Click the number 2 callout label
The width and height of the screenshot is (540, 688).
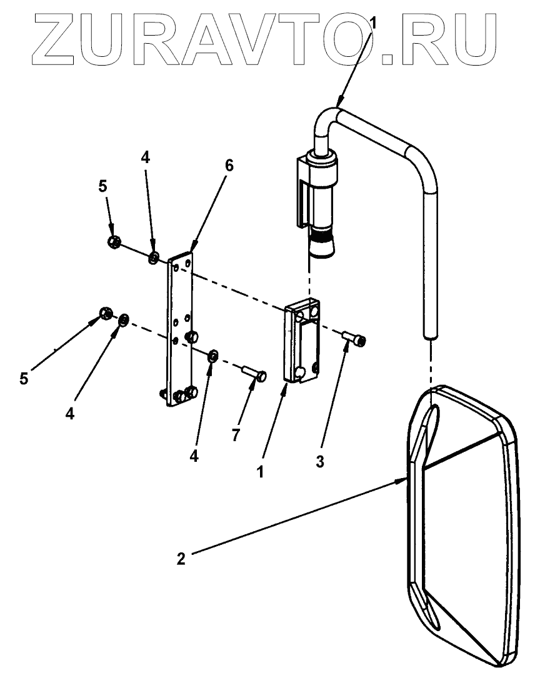pos(181,558)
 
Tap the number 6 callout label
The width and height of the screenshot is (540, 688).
pos(229,166)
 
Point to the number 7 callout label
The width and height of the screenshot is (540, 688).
pos(236,436)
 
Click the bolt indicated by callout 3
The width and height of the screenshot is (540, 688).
pos(355,339)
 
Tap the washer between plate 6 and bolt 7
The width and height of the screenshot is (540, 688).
pos(212,356)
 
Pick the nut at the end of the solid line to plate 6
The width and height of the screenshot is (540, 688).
pos(113,241)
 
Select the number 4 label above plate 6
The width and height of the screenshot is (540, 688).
pos(145,158)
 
